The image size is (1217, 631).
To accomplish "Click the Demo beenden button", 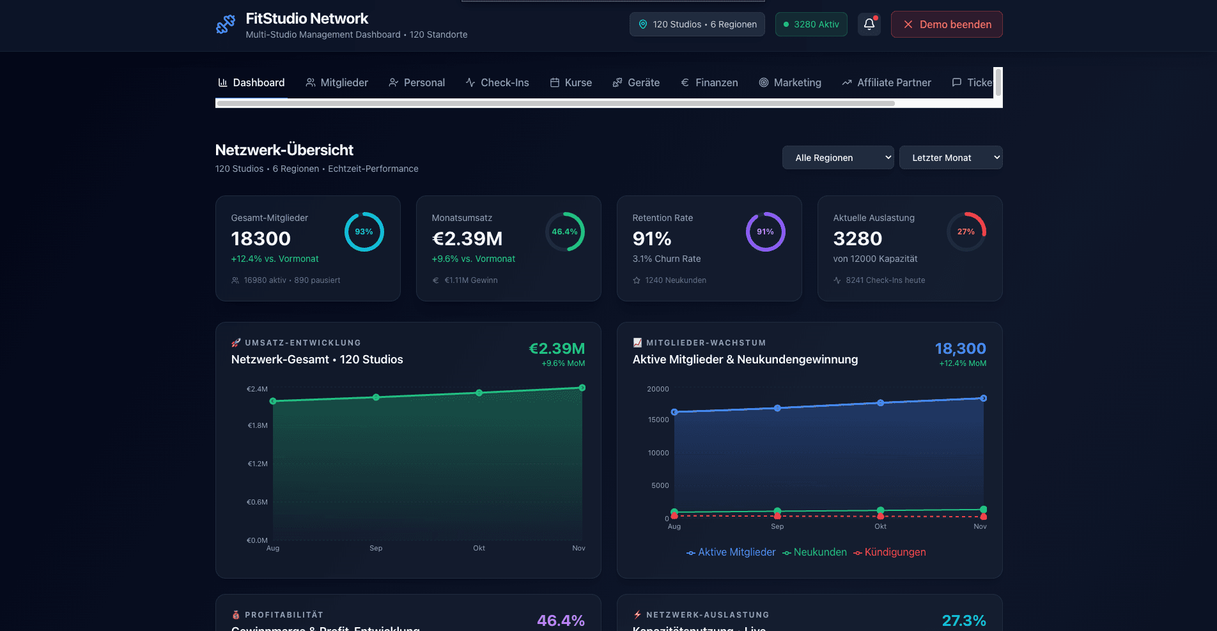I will click(946, 24).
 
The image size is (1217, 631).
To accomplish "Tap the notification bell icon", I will click(869, 24).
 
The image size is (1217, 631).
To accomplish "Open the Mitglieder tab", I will click(337, 82).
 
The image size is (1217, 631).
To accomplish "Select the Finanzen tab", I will click(709, 82).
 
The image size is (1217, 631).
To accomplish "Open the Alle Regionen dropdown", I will click(837, 158).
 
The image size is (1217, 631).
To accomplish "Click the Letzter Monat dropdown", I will click(950, 158).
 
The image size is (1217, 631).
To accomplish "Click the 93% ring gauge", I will click(364, 232).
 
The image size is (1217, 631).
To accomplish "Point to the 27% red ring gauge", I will click(966, 232).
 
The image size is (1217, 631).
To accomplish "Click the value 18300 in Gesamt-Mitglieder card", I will click(261, 239).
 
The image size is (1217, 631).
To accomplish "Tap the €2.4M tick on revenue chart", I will click(257, 389).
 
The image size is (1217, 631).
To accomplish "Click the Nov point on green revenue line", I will click(582, 388).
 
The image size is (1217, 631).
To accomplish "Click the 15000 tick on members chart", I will click(658, 420).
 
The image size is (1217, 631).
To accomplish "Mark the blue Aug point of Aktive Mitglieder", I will click(674, 412).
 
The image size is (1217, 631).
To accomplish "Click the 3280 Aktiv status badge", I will click(810, 24).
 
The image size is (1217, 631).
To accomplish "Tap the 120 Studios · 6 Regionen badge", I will click(697, 24).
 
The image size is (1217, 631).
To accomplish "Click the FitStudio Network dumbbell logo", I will click(226, 25).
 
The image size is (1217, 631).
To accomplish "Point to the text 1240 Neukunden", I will click(675, 280).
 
